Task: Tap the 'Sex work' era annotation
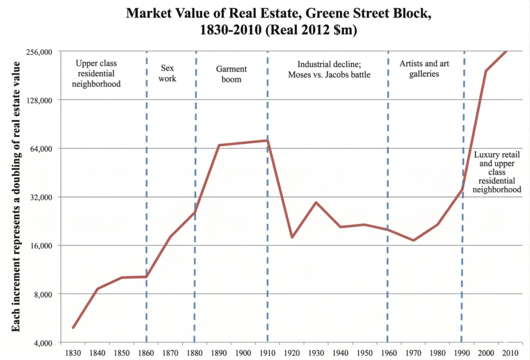(x=168, y=73)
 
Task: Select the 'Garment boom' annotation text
(x=231, y=74)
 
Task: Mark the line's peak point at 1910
(x=267, y=140)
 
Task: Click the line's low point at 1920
(x=292, y=237)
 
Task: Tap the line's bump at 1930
(x=316, y=202)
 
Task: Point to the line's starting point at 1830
(x=73, y=327)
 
